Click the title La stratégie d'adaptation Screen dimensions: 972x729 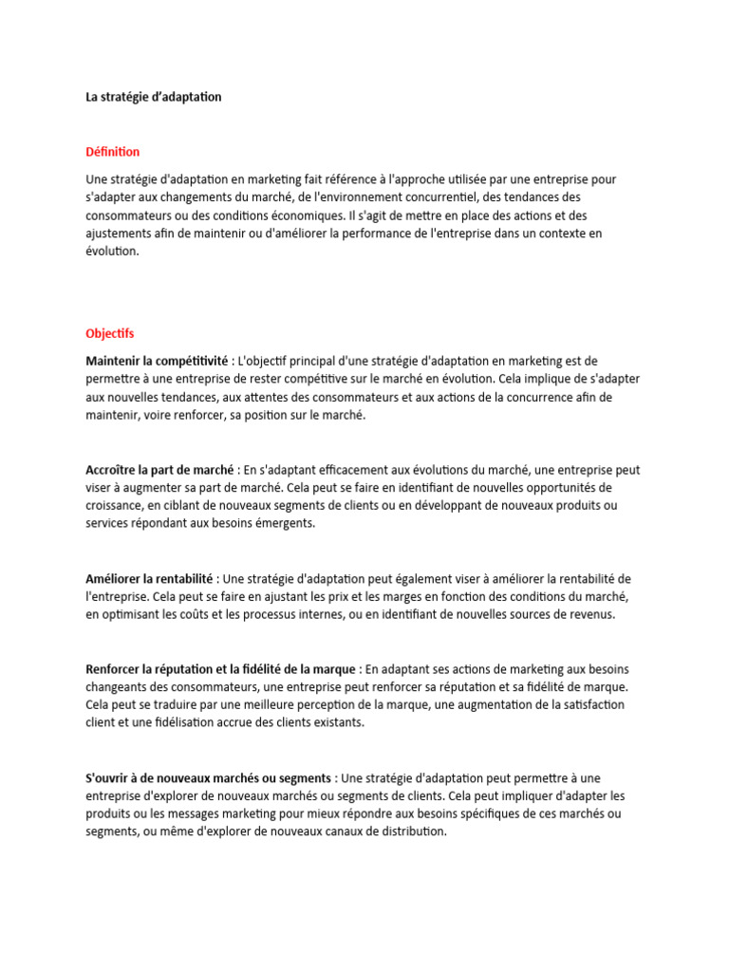click(x=154, y=97)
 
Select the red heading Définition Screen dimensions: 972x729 click(x=112, y=152)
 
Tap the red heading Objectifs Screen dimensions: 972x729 click(x=110, y=334)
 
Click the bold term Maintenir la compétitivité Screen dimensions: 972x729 click(x=157, y=362)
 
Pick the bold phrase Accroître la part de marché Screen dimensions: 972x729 click(x=159, y=470)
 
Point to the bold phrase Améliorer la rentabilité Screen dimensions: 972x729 click(x=151, y=578)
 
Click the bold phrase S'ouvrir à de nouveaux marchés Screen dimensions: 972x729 click(x=208, y=777)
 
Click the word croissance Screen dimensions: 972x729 click(x=115, y=506)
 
